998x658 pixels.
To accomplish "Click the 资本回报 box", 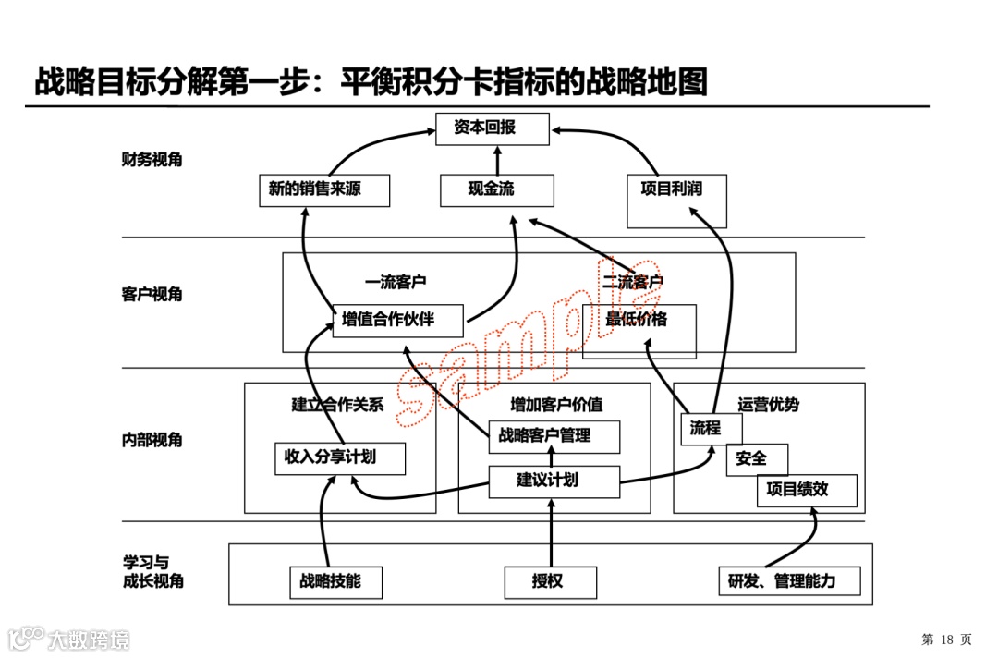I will coord(493,129).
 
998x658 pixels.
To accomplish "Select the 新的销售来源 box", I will coord(323,190).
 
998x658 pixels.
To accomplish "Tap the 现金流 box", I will coord(497,190).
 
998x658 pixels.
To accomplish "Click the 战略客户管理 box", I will coord(554,436).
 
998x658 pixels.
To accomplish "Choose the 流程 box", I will coord(713,428).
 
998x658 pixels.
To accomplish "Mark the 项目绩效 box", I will coord(807,490).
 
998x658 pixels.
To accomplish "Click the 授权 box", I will coord(550,582).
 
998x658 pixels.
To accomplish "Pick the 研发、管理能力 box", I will coord(790,582).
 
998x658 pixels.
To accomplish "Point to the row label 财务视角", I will coord(152,160).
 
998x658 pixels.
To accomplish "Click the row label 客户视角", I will coord(152,295).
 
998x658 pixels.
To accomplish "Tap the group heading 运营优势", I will coord(769,405).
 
